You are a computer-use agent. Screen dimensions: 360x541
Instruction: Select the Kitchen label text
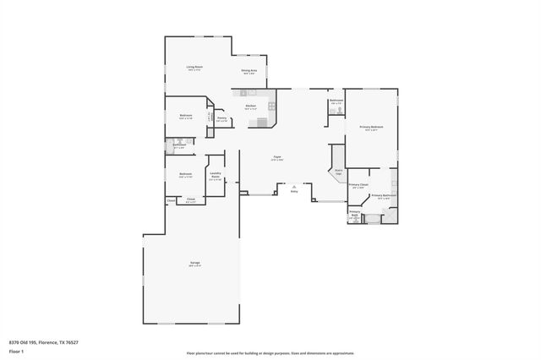click(x=251, y=106)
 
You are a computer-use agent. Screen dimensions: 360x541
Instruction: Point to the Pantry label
click(x=221, y=119)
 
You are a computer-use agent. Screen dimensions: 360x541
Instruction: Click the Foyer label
click(x=276, y=157)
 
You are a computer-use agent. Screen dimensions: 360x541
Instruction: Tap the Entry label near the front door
click(x=294, y=191)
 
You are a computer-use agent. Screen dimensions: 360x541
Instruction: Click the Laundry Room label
click(x=215, y=176)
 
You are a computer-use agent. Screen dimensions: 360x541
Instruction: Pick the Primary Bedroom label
click(x=371, y=128)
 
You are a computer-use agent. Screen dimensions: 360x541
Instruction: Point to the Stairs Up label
click(x=338, y=171)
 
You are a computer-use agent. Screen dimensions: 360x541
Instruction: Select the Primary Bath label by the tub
click(x=355, y=215)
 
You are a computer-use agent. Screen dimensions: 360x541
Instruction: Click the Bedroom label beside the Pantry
click(x=185, y=116)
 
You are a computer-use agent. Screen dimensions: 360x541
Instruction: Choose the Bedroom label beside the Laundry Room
click(x=185, y=175)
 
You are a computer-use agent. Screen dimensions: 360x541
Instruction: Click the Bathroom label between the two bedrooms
click(x=179, y=145)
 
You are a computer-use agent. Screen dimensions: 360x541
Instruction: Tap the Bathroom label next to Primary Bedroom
click(x=336, y=101)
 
